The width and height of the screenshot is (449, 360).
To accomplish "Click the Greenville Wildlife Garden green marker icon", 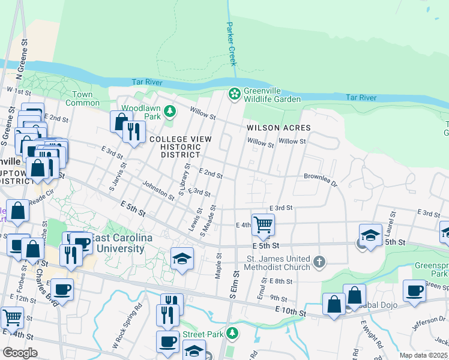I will (x=234, y=94).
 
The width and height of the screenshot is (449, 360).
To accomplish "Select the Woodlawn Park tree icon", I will (x=170, y=110).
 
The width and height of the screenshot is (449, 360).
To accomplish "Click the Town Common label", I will (x=83, y=98).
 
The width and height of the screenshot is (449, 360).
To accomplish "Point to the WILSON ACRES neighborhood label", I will (x=279, y=128).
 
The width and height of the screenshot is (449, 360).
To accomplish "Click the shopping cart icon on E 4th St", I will (x=263, y=225).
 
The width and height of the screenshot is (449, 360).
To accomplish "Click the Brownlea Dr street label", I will (x=321, y=180).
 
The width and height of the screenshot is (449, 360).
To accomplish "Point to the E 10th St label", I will (x=291, y=311).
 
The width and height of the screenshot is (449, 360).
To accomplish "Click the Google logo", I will (x=20, y=353).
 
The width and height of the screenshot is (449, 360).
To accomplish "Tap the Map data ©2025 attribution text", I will (x=423, y=355).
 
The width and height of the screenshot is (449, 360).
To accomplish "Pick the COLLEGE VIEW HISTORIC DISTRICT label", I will (x=180, y=146).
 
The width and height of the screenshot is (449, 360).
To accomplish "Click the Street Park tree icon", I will (x=233, y=333).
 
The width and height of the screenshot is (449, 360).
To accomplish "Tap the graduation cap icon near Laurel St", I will (x=370, y=235).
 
